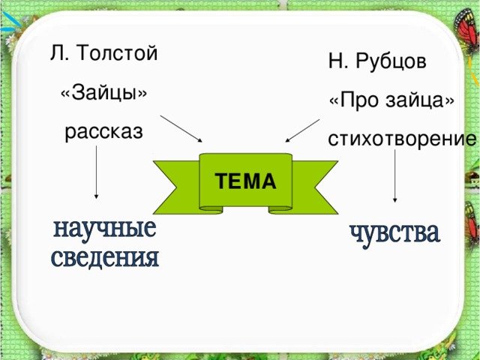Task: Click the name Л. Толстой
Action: coord(103,54)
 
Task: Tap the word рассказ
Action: coord(103,133)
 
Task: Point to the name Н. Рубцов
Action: coord(377,61)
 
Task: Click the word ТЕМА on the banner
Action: coord(245,181)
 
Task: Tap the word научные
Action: coord(104,229)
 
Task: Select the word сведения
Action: coord(105,259)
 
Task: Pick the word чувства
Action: coord(394,233)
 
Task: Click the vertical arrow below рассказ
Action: coord(96,172)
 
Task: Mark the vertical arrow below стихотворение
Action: coord(395,176)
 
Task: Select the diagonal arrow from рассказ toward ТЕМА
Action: coord(181,128)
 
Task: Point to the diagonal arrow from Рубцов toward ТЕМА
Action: coord(302,130)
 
